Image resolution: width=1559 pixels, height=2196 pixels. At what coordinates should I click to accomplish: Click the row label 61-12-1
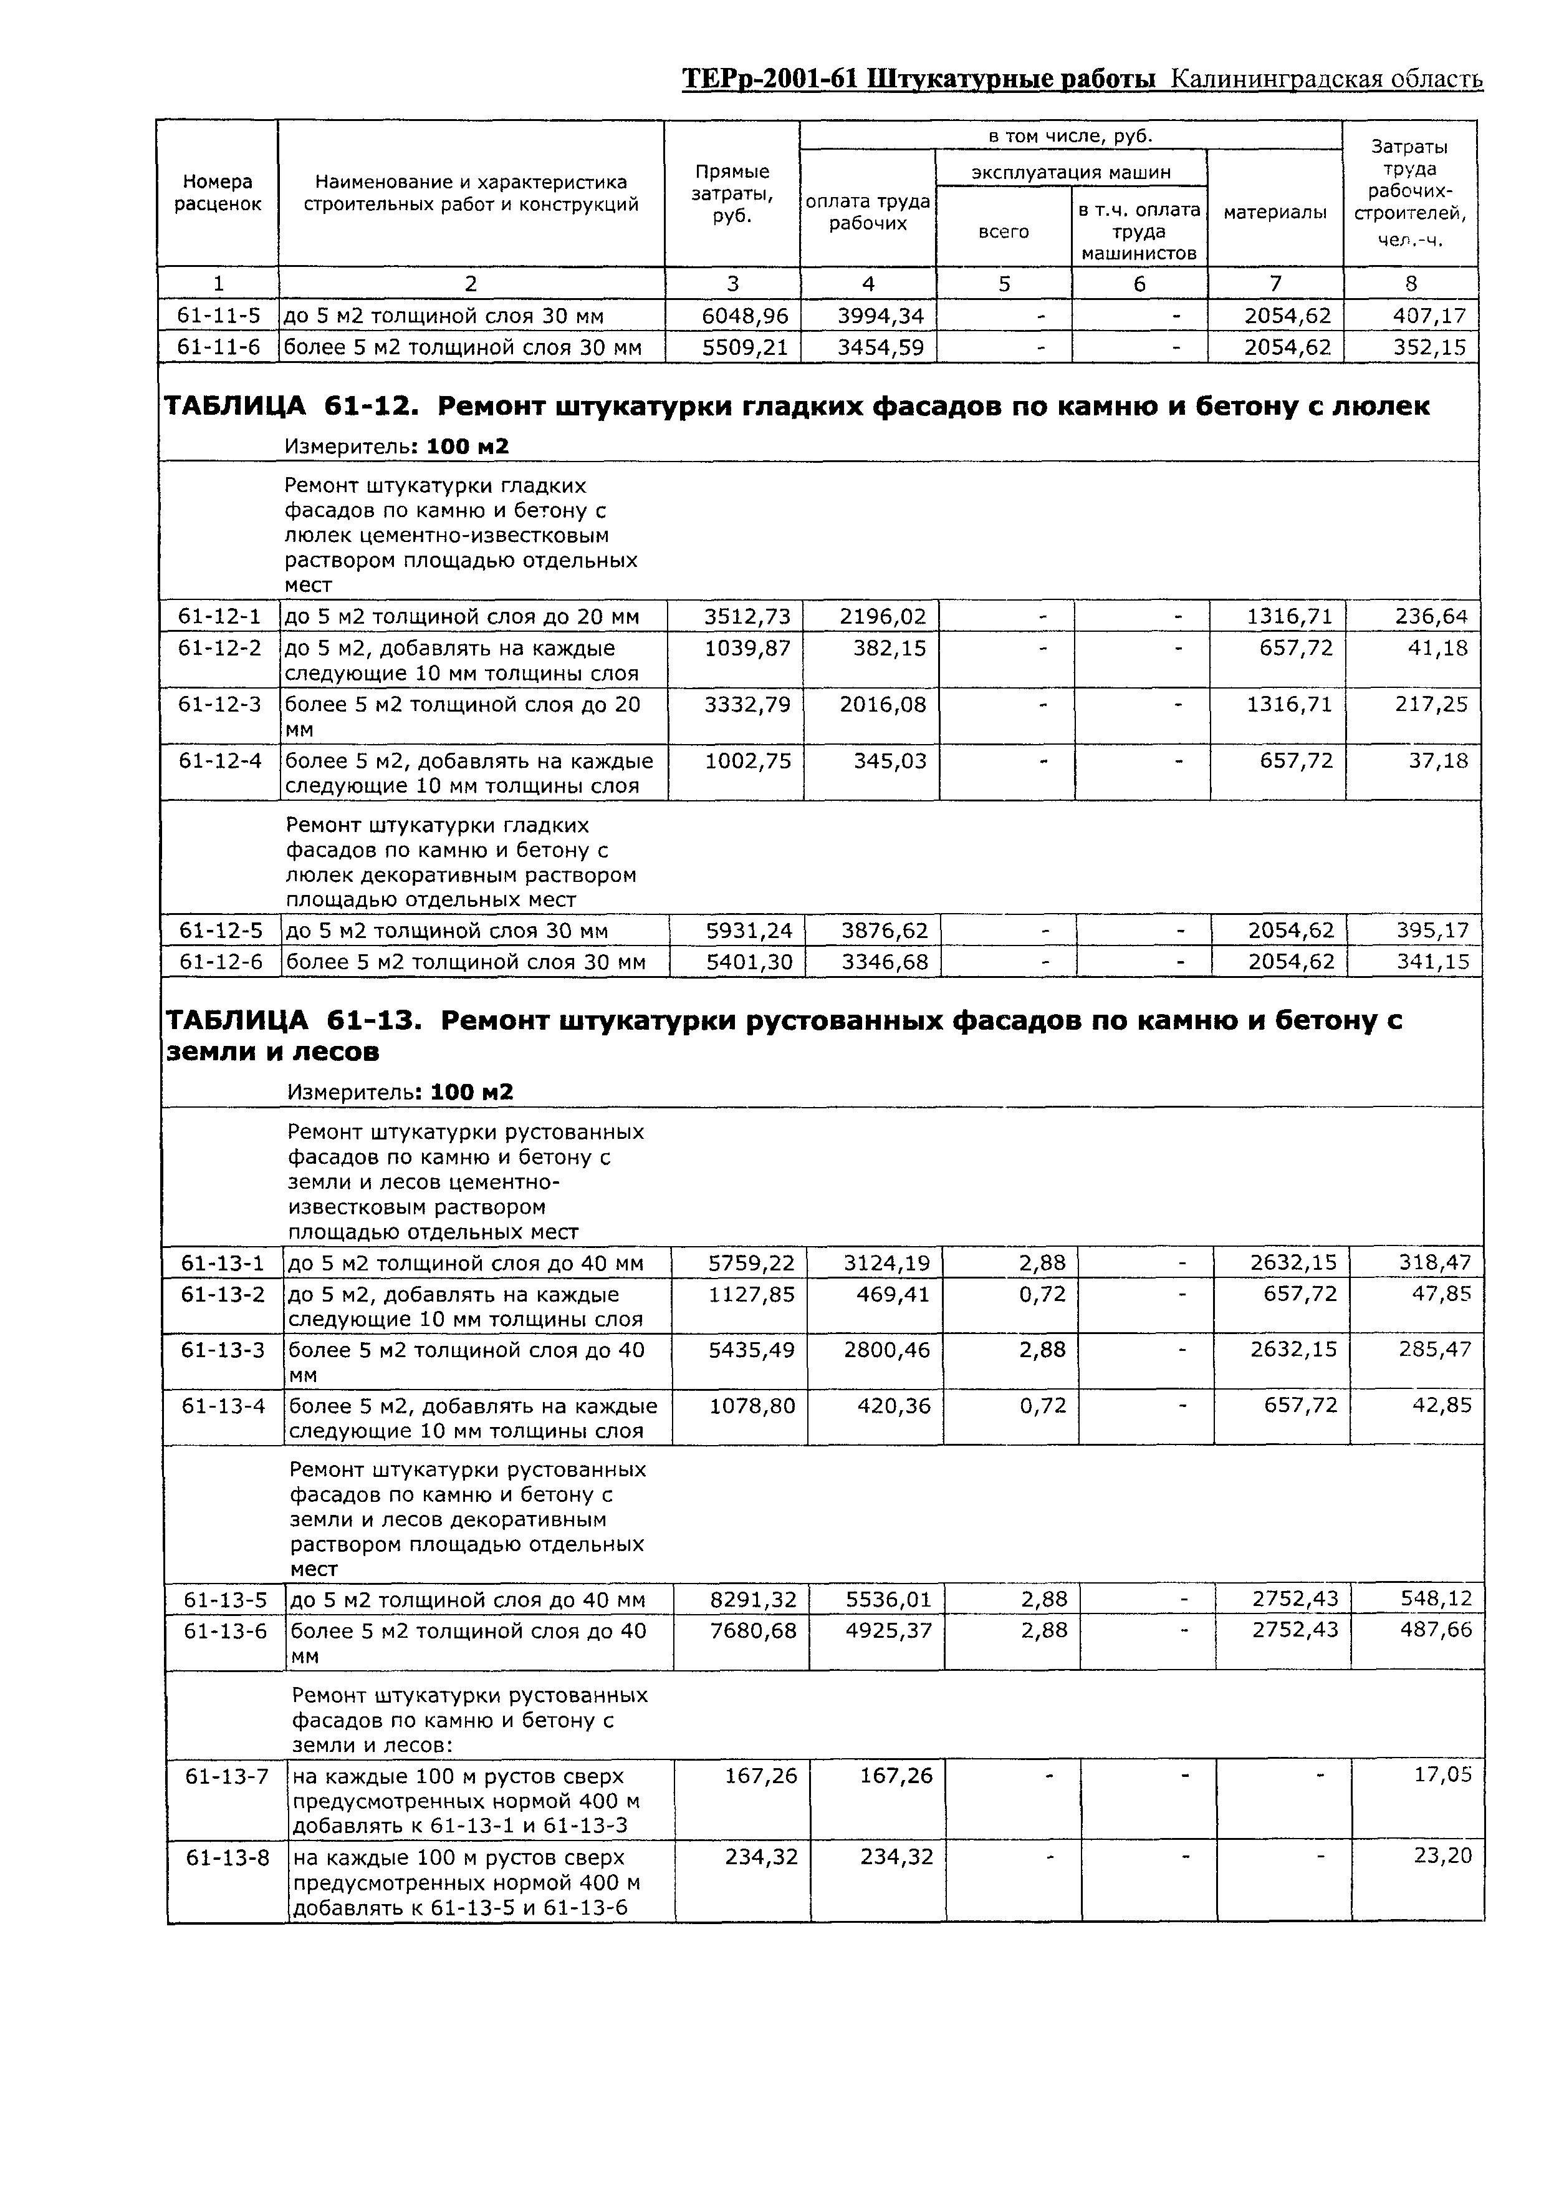coord(220,616)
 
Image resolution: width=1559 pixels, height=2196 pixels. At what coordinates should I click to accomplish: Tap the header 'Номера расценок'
coord(218,193)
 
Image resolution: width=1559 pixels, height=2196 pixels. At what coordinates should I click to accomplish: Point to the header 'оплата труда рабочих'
coord(868,212)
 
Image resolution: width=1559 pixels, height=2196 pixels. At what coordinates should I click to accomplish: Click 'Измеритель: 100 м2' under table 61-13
coord(400,1091)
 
